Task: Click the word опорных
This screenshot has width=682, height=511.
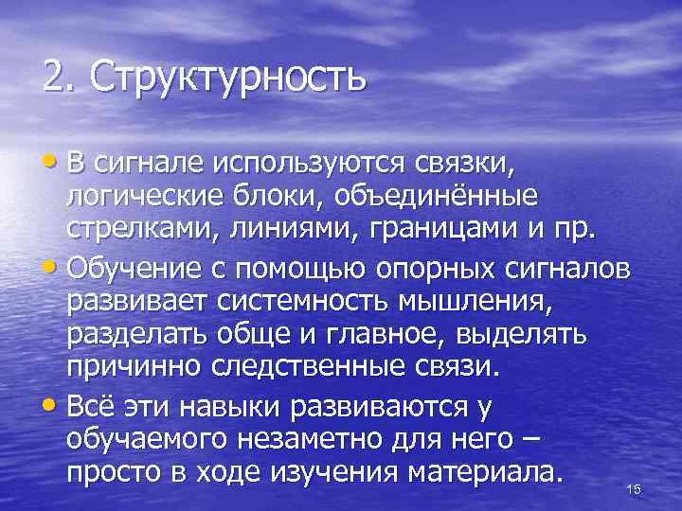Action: coord(430,268)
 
